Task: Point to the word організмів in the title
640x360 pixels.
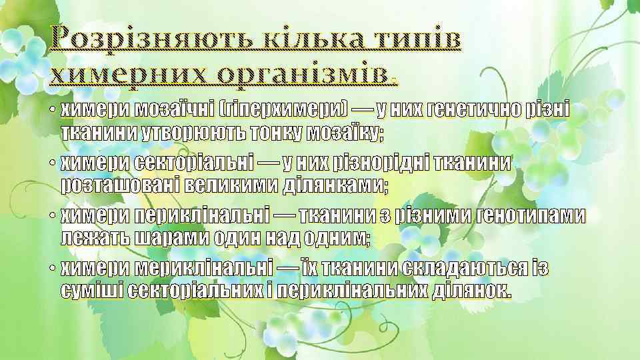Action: coord(305,75)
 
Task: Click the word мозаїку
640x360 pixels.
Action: coord(345,133)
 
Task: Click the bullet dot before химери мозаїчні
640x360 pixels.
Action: coord(51,109)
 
